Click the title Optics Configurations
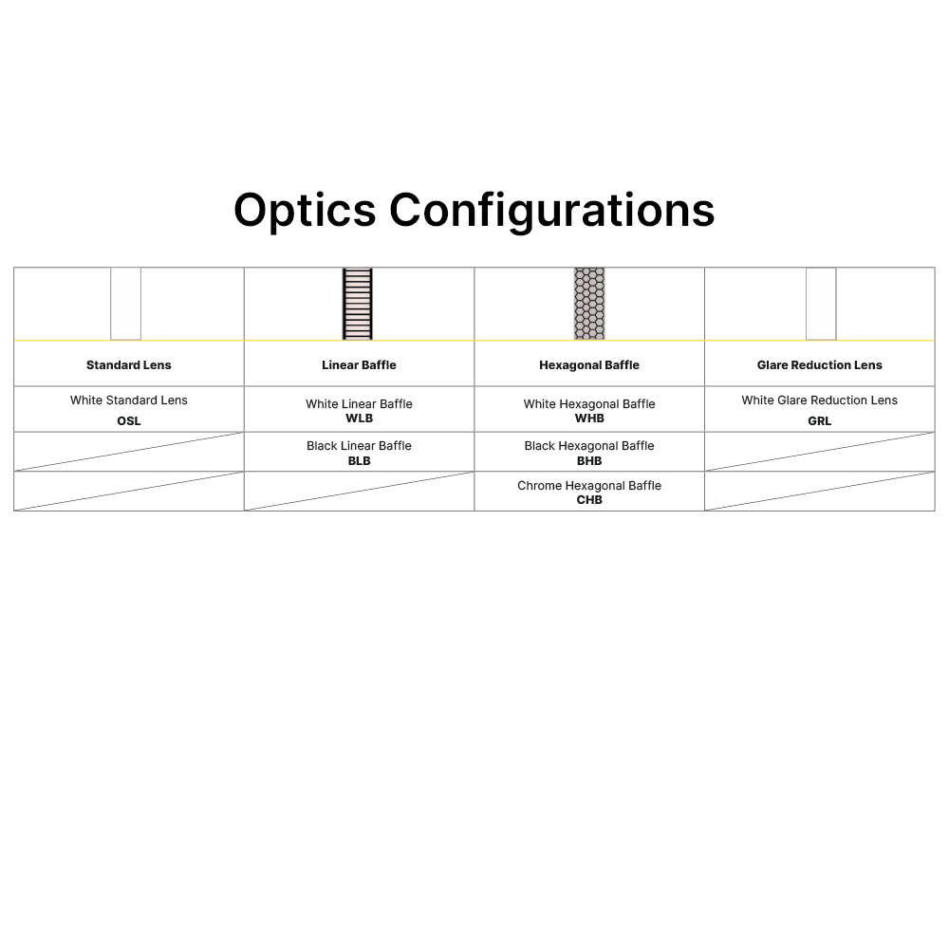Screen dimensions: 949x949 [x=474, y=210]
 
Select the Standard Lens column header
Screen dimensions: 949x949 [x=129, y=365]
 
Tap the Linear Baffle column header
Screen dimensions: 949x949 [x=359, y=365]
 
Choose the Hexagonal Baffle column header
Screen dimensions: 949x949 [x=589, y=365]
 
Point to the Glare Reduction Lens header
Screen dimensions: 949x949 [x=819, y=365]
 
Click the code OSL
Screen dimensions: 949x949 [x=129, y=421]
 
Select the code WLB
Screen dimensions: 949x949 [x=359, y=419]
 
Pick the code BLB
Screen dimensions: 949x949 [x=359, y=461]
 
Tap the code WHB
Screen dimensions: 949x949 [x=589, y=419]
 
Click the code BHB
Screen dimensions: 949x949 [x=589, y=461]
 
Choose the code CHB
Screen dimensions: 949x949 [x=589, y=500]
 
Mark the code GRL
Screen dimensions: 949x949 [x=819, y=421]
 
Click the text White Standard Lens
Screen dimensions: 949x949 [x=129, y=400]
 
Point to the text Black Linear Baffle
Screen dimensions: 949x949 [x=359, y=446]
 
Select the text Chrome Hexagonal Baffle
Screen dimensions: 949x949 [x=589, y=486]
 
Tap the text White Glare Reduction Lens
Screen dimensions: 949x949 [x=819, y=400]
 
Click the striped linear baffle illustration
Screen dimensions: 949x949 [x=358, y=304]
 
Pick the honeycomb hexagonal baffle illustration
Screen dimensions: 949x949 [x=589, y=304]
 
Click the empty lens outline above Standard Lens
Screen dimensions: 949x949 [x=125, y=304]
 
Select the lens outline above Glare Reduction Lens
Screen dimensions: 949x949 [x=821, y=304]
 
